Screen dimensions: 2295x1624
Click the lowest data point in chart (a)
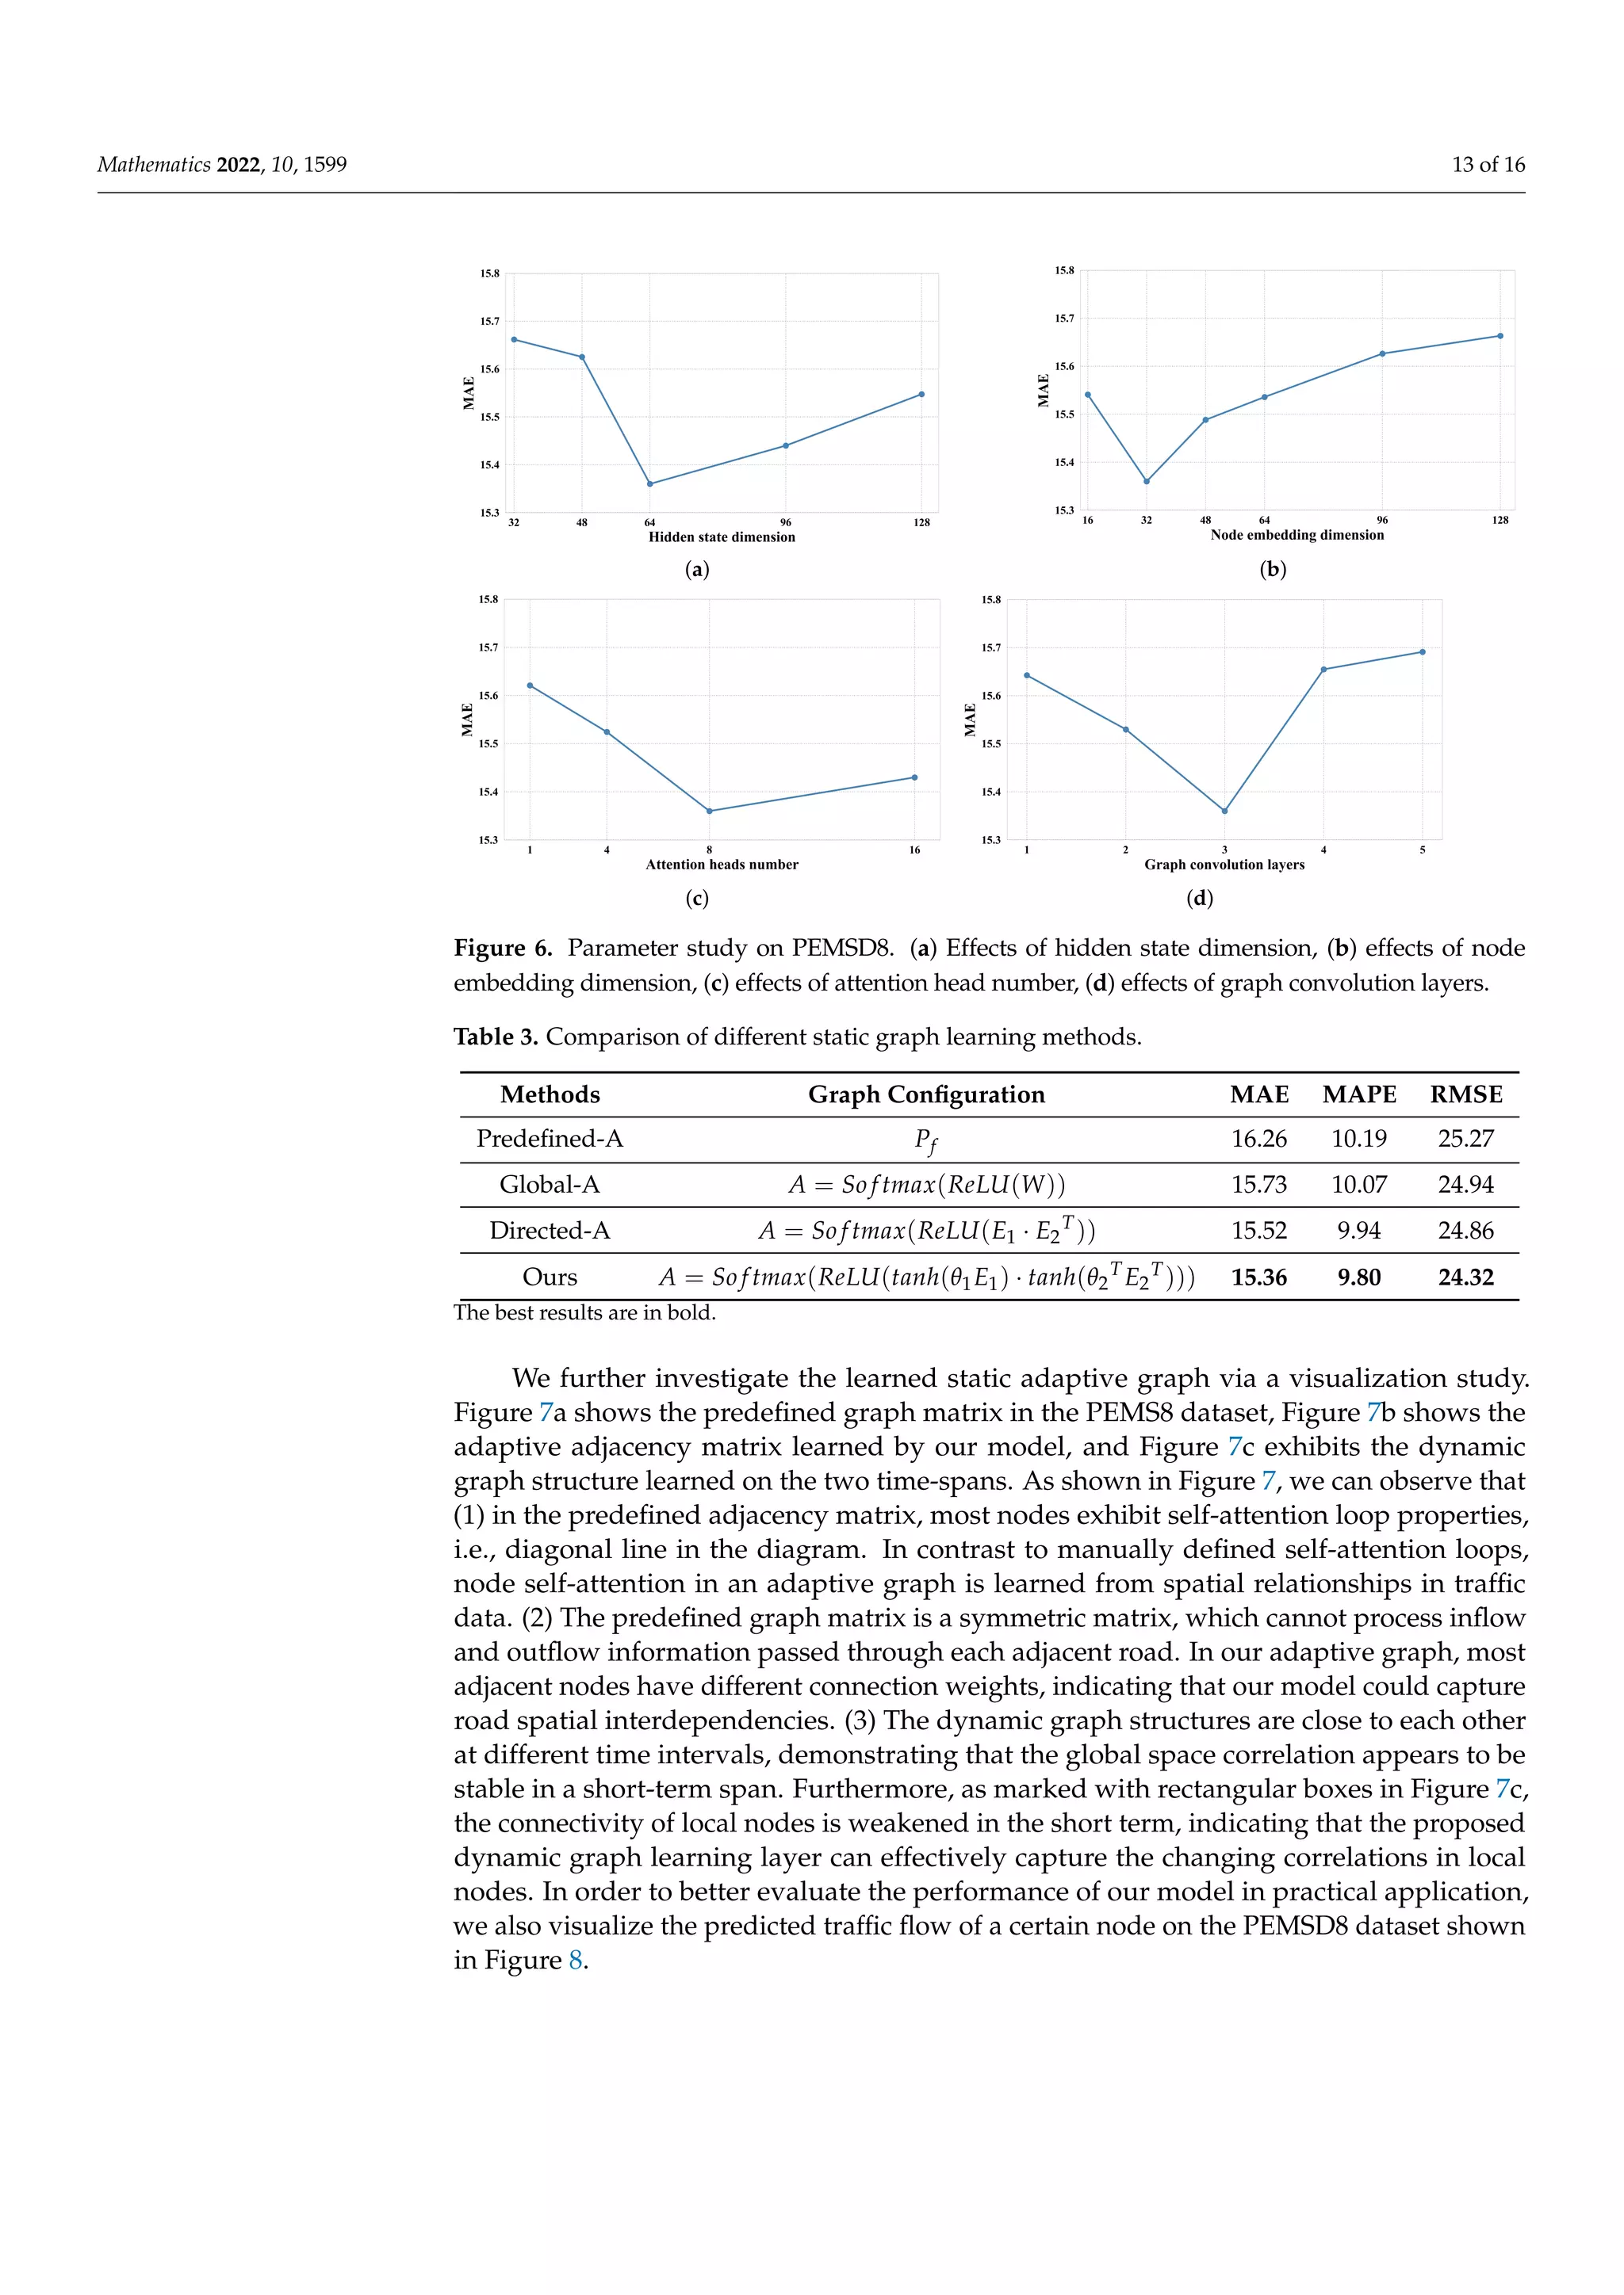(x=650, y=483)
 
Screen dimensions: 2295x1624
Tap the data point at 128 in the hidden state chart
(x=921, y=395)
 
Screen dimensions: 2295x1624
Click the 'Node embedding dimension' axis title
(x=1297, y=535)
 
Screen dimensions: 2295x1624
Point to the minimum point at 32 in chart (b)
(x=1146, y=481)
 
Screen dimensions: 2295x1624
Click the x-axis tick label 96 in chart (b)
(x=1382, y=521)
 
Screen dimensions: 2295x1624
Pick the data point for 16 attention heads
(x=914, y=777)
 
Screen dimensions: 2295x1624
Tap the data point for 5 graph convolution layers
(x=1422, y=651)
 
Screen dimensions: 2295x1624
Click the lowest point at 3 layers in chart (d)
(x=1224, y=811)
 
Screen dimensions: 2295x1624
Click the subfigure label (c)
(x=697, y=899)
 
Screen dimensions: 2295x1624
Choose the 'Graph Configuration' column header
(x=926, y=1094)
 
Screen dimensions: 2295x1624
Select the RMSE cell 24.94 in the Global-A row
(x=1465, y=1185)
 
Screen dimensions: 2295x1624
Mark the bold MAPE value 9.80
(x=1358, y=1277)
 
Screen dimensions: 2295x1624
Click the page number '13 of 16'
(x=1487, y=165)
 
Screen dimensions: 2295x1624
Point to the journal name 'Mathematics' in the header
(x=154, y=165)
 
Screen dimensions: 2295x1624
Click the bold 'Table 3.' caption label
(x=496, y=1037)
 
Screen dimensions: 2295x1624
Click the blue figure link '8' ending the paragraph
(x=575, y=1960)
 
